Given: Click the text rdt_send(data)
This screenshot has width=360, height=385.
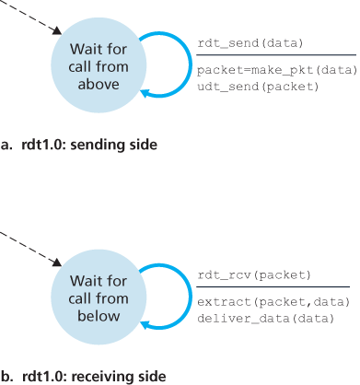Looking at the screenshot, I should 250,43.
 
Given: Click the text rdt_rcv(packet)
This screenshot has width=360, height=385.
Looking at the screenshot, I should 253,275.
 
